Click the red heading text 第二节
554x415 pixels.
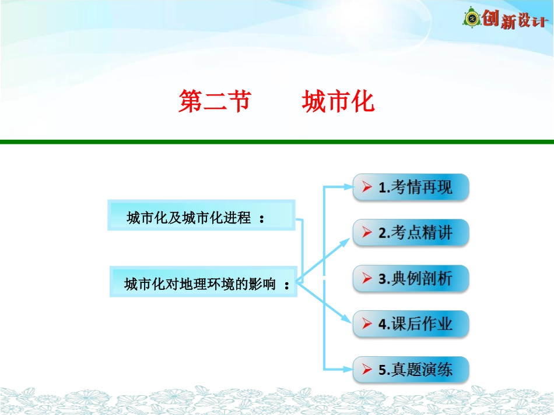pyautogui.click(x=214, y=101)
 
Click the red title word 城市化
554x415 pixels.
pyautogui.click(x=338, y=101)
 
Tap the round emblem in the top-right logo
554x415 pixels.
pyautogui.click(x=472, y=19)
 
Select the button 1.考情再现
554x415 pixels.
pyautogui.click(x=411, y=187)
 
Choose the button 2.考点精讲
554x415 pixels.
pyautogui.click(x=411, y=233)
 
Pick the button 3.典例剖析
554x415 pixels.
pyautogui.click(x=411, y=278)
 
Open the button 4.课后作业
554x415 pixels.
pyautogui.click(x=411, y=324)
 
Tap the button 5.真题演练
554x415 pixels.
pyautogui.click(x=411, y=370)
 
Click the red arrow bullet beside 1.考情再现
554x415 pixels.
pyautogui.click(x=367, y=187)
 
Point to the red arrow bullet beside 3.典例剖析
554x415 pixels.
pyautogui.click(x=367, y=278)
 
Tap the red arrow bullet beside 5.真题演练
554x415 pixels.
pyautogui.click(x=367, y=370)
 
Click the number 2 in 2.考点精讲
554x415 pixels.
pyautogui.click(x=383, y=233)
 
